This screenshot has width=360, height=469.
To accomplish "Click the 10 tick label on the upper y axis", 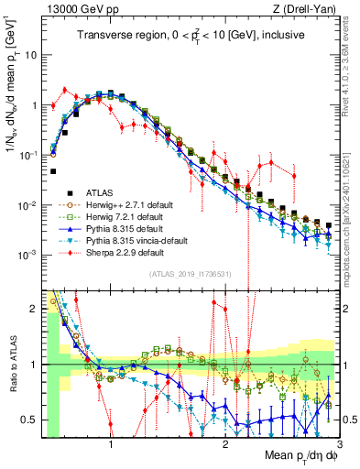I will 31,55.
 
